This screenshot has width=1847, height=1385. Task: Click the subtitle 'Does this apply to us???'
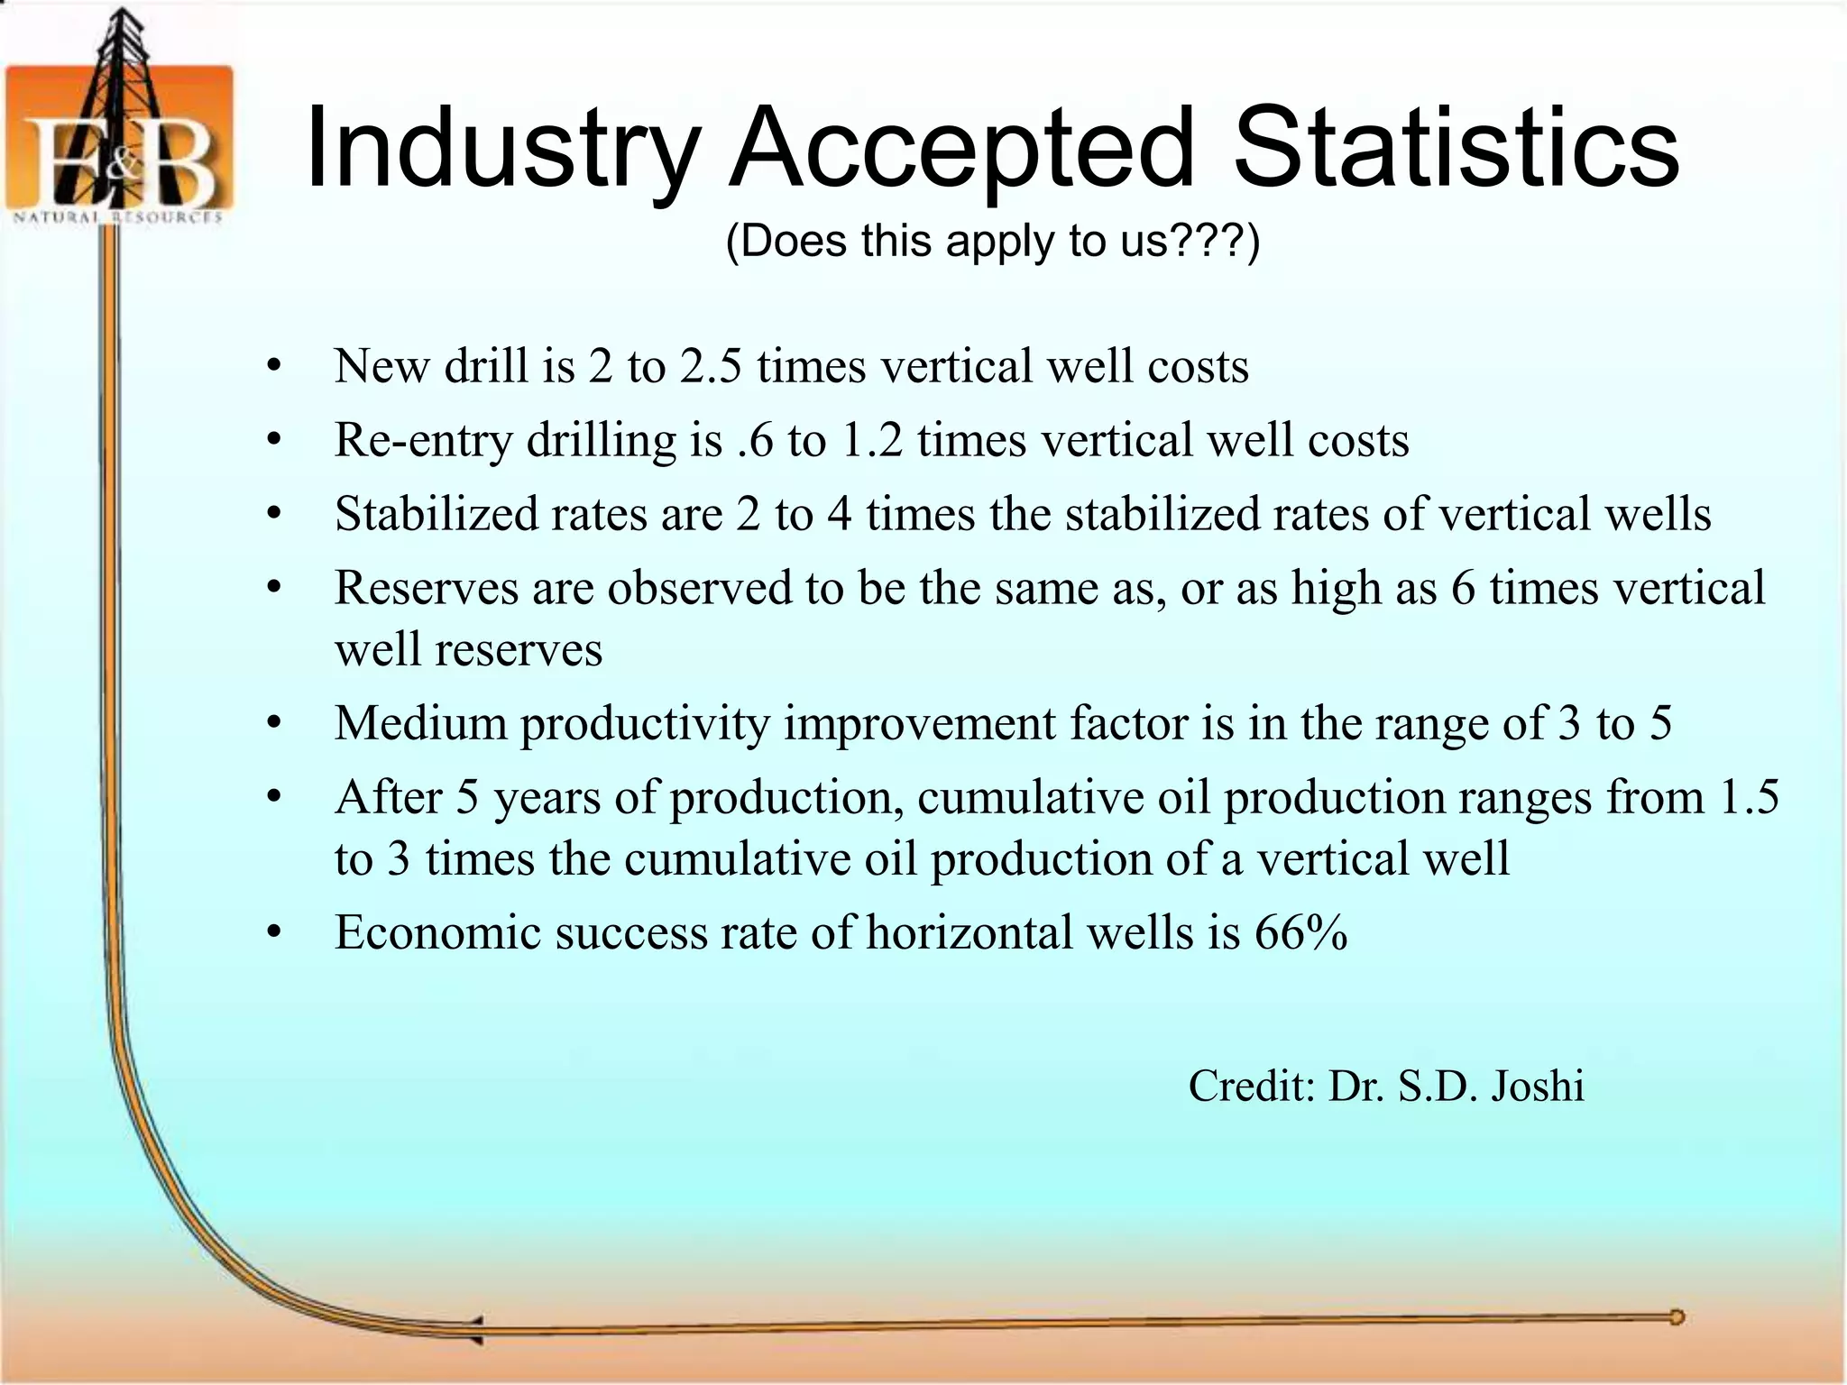(x=992, y=242)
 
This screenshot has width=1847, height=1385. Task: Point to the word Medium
(x=420, y=723)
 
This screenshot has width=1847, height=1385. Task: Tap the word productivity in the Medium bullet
(x=645, y=724)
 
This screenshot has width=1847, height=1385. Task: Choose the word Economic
(x=437, y=932)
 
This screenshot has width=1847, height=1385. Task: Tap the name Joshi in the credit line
(x=1537, y=1086)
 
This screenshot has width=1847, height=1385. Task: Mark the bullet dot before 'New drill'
(x=274, y=367)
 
